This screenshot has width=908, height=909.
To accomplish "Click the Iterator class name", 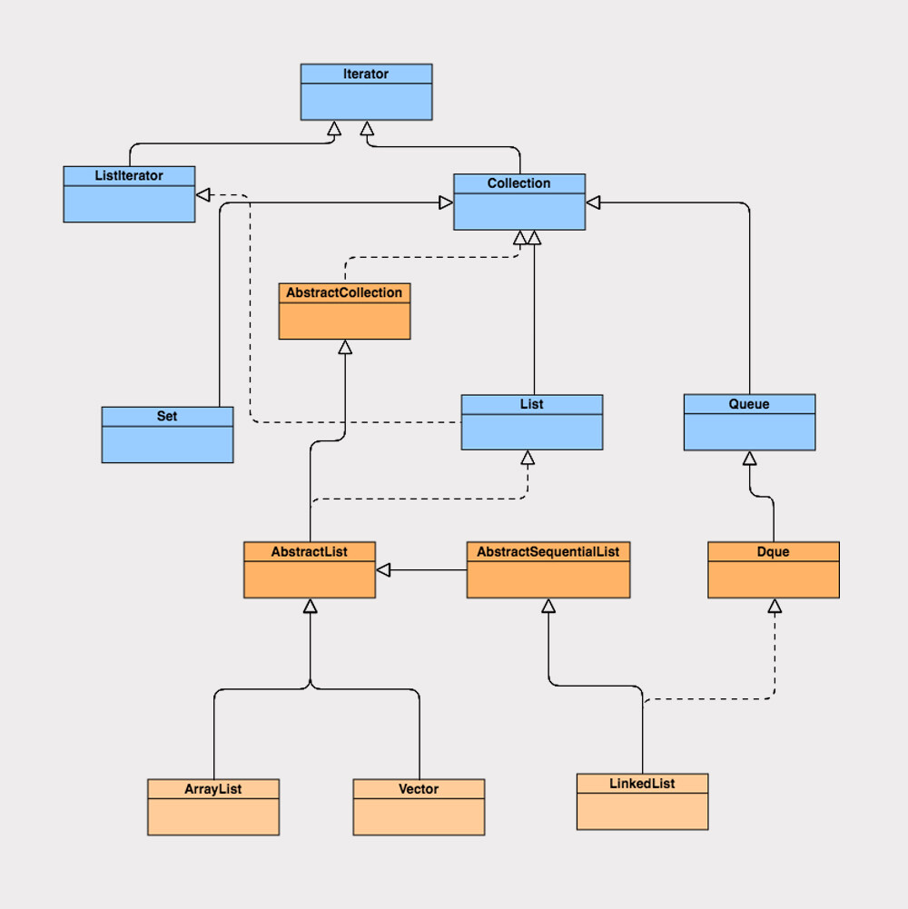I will [x=366, y=74].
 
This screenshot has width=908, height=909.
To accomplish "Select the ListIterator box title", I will [x=129, y=175].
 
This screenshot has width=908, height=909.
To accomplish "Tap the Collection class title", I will [x=518, y=183].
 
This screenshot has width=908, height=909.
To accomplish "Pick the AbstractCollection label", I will [x=344, y=292].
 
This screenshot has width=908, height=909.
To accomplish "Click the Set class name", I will [x=167, y=416].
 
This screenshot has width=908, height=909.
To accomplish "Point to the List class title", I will [x=531, y=404].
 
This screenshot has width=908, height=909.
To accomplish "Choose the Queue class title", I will [x=749, y=404].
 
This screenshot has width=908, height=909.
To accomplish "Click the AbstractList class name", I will [x=309, y=551].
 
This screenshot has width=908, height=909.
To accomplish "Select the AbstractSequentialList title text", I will [x=548, y=551].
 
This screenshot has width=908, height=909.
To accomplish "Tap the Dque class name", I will [x=773, y=551].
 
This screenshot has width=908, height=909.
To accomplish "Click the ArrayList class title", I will [x=213, y=789].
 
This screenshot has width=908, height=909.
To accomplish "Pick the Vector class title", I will [x=419, y=789].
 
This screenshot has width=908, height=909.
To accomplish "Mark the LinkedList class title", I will [x=642, y=784].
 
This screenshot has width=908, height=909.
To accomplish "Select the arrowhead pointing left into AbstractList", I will [x=383, y=569].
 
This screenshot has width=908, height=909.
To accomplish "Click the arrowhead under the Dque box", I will [x=775, y=606].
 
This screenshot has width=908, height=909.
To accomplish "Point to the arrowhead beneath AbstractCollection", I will [x=344, y=347].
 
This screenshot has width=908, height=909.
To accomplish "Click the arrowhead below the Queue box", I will [x=750, y=458].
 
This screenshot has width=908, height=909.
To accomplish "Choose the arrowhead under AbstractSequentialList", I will [x=548, y=606].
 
